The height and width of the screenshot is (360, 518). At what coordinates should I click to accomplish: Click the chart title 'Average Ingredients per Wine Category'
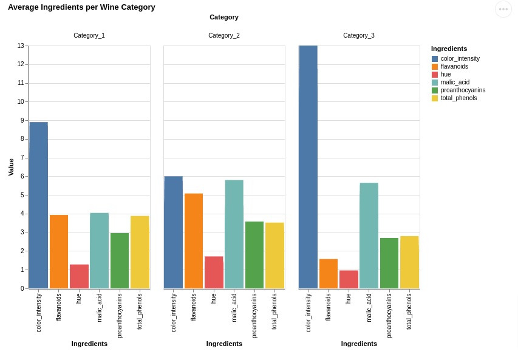point(81,7)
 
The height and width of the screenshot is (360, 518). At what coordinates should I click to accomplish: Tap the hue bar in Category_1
point(79,276)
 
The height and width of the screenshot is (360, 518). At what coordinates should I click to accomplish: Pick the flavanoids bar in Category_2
point(194,241)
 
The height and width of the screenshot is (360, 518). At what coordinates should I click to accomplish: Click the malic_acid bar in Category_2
point(234,234)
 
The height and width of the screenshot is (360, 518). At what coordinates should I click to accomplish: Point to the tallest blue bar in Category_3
point(308,167)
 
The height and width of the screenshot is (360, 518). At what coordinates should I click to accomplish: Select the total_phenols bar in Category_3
point(409,262)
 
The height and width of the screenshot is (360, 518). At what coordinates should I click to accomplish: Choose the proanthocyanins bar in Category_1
point(120,260)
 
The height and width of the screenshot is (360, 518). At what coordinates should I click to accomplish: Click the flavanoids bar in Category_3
point(329,274)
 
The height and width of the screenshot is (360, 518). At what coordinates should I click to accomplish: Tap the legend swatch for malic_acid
point(435,83)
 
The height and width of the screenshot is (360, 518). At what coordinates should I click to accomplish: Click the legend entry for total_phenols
point(458,98)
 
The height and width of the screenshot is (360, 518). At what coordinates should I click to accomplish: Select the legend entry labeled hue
point(446,75)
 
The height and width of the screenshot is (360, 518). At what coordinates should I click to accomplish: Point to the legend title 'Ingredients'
point(449,49)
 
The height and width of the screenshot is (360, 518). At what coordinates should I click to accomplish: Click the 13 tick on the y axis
point(21,46)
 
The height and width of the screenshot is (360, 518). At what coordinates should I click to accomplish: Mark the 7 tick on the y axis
point(22,158)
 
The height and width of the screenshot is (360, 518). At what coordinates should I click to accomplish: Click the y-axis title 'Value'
point(11,167)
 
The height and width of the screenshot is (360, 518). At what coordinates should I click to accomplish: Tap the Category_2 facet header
point(224,36)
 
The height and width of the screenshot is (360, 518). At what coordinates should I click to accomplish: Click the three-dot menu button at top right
point(503,9)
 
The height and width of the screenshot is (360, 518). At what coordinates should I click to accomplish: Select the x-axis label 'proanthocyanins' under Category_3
point(389,316)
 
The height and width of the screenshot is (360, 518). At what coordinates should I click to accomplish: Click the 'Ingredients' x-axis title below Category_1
point(89,344)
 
